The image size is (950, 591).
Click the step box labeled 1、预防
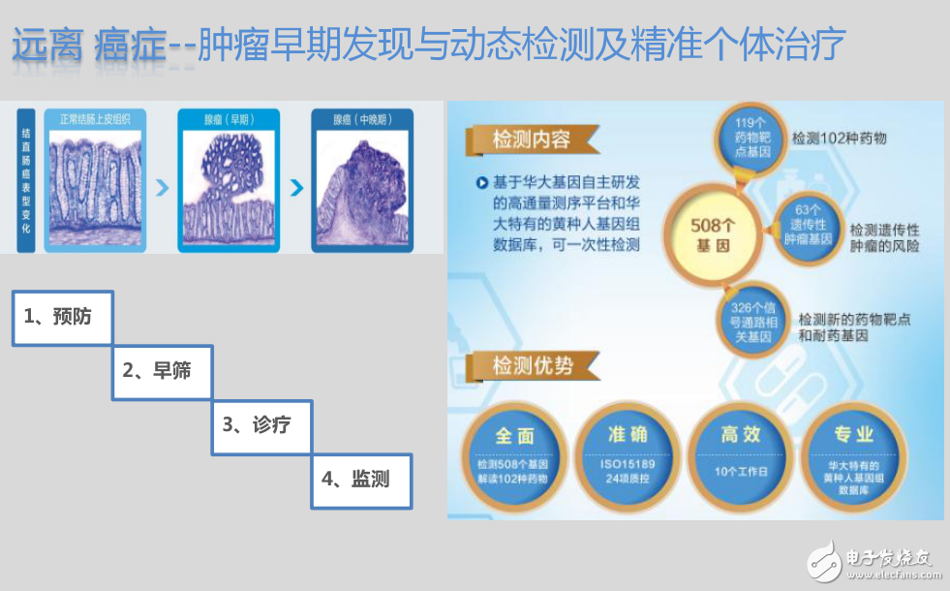click(63, 317)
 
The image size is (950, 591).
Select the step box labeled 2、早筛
click(162, 371)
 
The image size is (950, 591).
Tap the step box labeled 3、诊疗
click(261, 425)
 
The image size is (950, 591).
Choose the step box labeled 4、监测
click(361, 480)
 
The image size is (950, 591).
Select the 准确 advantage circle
click(627, 454)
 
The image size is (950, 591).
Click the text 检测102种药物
click(839, 139)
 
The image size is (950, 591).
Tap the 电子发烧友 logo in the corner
click(872, 561)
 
